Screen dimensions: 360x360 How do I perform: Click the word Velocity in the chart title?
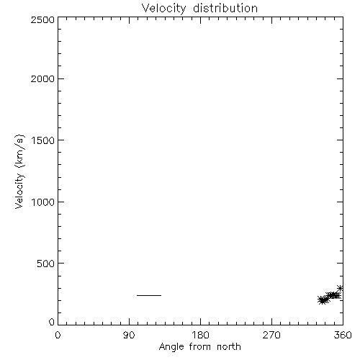[163, 9]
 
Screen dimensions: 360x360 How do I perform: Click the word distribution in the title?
[225, 8]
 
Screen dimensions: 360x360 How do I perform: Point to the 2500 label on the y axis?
[42, 19]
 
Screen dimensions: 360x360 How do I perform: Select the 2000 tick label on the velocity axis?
[42, 78]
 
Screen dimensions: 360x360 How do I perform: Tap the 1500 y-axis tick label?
[43, 140]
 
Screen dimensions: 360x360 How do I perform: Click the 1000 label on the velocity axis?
[43, 202]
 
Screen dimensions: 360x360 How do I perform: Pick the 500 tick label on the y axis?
[46, 264]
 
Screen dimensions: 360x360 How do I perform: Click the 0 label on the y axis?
[52, 322]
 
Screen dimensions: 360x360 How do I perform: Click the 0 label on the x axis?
[58, 335]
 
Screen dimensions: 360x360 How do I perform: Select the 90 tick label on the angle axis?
[129, 335]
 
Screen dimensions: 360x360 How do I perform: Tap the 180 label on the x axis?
[200, 335]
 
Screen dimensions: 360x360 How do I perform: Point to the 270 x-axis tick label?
[271, 335]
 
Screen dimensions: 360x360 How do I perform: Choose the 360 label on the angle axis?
[343, 335]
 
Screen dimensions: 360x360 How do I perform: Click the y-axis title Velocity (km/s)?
[19, 171]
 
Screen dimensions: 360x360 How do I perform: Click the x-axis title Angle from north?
[200, 347]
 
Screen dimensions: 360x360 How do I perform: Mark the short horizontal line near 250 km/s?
[149, 295]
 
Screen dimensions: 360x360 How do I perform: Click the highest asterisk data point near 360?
[340, 288]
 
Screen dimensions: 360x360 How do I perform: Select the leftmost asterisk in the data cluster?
[321, 300]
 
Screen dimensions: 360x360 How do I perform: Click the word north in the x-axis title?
[229, 346]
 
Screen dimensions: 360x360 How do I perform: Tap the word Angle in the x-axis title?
[171, 348]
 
